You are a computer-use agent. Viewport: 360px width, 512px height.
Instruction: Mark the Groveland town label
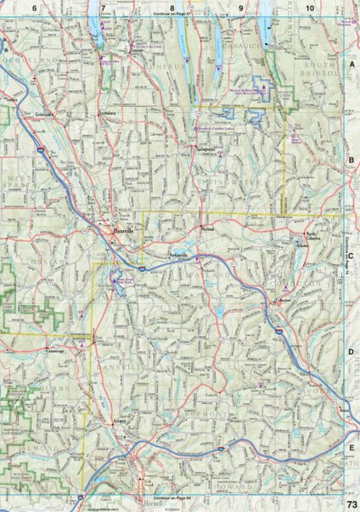coord(44,112)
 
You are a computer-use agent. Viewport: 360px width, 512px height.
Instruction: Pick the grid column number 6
coord(35,8)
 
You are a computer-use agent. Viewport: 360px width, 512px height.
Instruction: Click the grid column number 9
coord(240,8)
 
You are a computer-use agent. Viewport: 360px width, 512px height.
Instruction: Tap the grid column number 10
coord(310,8)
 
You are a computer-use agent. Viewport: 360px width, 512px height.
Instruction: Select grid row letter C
coord(351,218)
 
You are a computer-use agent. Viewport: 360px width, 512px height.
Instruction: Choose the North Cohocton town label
coord(316,233)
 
